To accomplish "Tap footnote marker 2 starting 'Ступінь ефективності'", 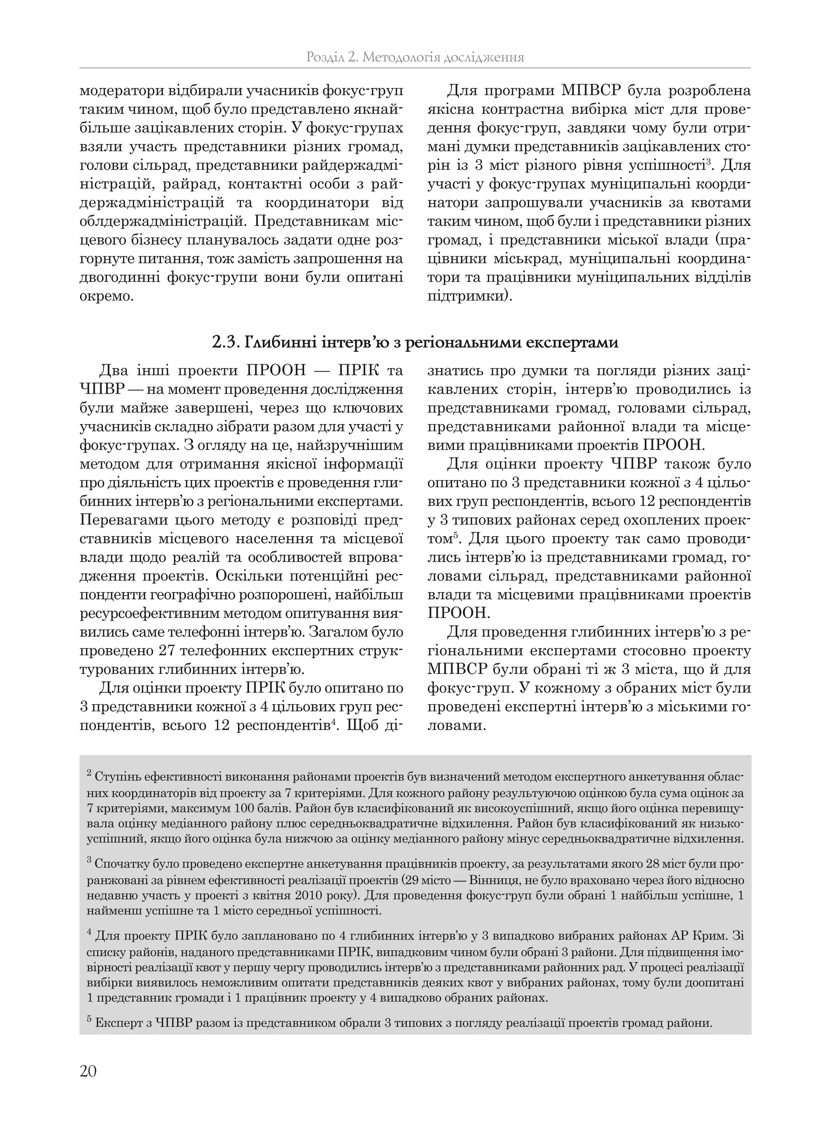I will click(x=89, y=774).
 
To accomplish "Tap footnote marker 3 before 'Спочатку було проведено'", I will click(x=89, y=861).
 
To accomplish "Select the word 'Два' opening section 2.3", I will click(x=115, y=371).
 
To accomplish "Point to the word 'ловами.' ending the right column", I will click(x=456, y=726).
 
